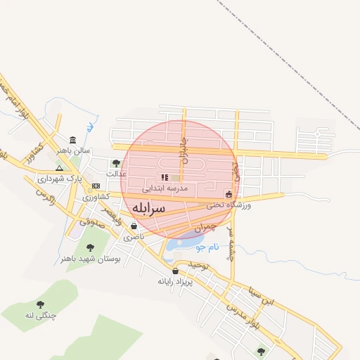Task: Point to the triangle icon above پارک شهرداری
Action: pos(59,168)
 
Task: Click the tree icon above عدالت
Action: pos(116,163)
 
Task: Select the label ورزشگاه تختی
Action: pos(229,205)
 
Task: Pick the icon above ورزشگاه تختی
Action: pos(229,194)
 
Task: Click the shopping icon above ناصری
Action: pos(134,226)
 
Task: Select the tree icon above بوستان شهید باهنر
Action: pos(90,247)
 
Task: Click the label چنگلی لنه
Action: pos(39,316)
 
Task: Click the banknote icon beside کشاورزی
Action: pos(96,185)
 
